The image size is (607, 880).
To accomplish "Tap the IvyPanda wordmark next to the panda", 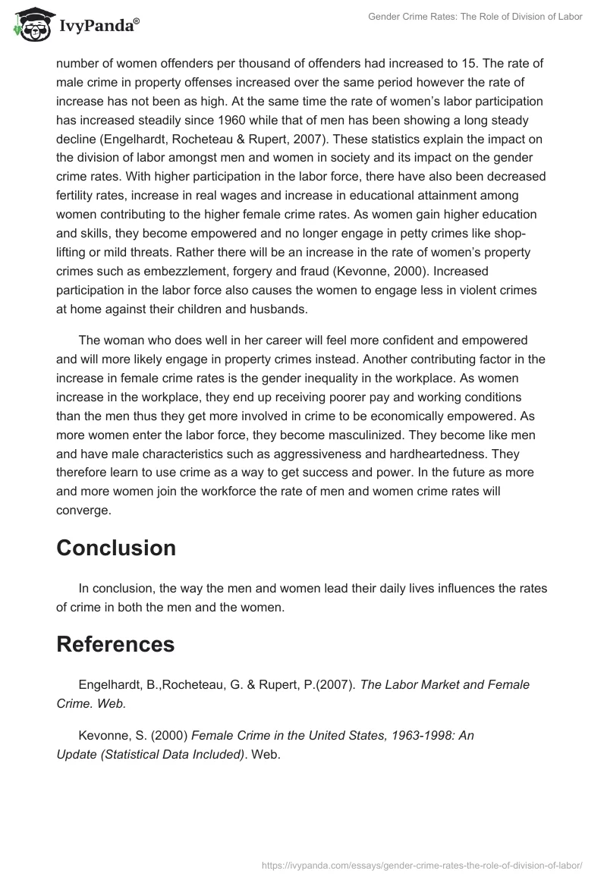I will pos(98,27).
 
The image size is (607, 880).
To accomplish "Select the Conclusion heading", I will pos(116,547).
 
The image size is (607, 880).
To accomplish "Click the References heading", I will pos(115,644).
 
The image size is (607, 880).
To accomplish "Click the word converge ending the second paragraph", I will pos(83,511).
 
